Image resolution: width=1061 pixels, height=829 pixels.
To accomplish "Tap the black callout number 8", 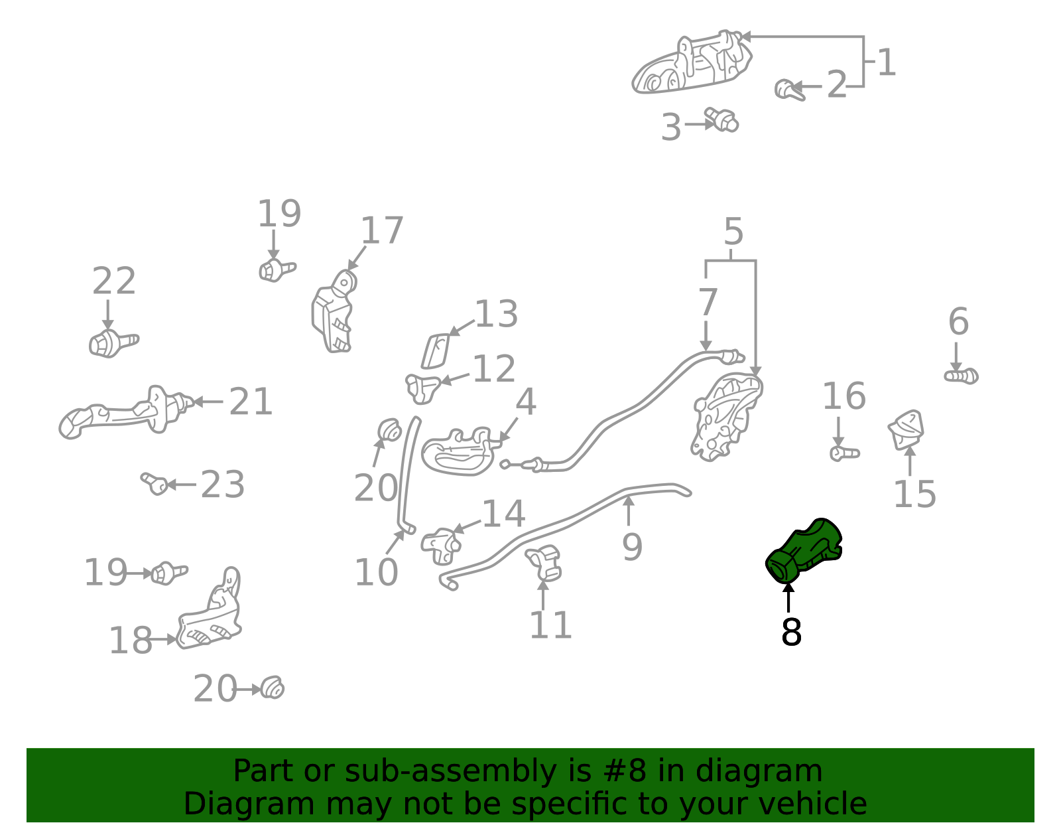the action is (x=792, y=632).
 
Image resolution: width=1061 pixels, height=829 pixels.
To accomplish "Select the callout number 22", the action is (x=114, y=281).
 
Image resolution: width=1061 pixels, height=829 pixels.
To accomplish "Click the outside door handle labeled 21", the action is (x=126, y=412).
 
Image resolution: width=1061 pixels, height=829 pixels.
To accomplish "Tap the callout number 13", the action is (x=496, y=314).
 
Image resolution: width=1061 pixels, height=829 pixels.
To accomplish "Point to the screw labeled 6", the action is (x=961, y=376).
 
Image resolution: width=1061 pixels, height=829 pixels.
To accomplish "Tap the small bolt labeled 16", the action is (x=845, y=453).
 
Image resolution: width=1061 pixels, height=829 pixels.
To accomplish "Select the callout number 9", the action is (x=633, y=548).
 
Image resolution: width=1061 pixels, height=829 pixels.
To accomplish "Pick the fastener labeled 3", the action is (x=721, y=119).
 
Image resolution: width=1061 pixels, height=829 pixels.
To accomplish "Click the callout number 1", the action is (x=886, y=62).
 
